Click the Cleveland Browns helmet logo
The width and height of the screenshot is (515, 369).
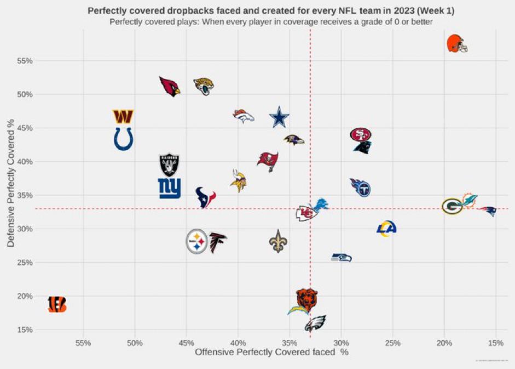pos(457,43)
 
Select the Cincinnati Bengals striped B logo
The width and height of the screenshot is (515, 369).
pos(57,304)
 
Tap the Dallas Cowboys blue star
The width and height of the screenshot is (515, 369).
pos(280,118)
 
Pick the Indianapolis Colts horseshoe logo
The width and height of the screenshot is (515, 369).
pos(123,139)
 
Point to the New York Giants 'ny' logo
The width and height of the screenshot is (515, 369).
pos(169,188)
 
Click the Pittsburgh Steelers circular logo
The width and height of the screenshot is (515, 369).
pos(197,241)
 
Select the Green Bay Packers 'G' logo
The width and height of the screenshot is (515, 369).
pos(453,207)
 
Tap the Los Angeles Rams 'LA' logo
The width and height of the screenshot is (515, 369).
pos(387,228)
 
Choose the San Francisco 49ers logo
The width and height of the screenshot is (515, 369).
pos(361,134)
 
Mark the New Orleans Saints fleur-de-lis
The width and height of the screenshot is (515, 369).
pos(279,241)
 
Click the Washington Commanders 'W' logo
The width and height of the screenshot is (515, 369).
pos(123,116)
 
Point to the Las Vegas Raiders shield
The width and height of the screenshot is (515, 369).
pos(169,164)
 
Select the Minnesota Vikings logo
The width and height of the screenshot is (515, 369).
pos(238,181)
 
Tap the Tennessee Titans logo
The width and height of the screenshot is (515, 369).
pos(361,188)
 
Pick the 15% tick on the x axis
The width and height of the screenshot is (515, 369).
pos(495,343)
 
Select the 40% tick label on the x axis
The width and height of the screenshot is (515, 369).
pos(238,343)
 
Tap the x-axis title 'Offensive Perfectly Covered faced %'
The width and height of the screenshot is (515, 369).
pos(271,353)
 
